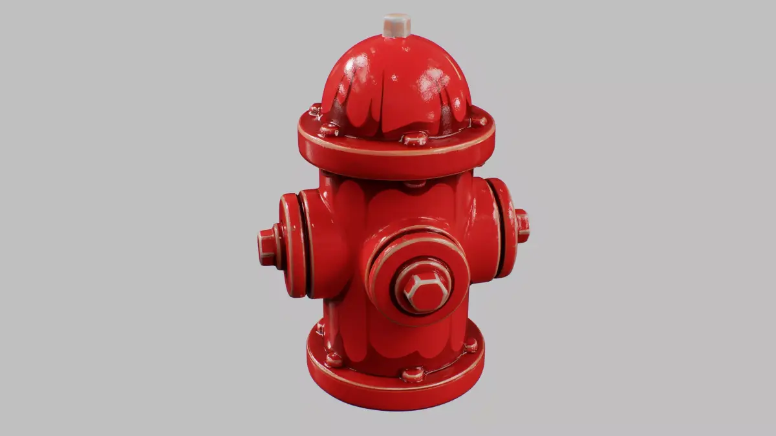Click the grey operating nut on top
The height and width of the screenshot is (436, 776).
click(396, 25)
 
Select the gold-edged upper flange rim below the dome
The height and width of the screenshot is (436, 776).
click(396, 158)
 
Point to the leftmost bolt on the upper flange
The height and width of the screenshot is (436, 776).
click(316, 110)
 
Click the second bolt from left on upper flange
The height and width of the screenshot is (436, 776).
click(329, 130)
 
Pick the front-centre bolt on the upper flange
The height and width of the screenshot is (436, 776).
click(415, 138)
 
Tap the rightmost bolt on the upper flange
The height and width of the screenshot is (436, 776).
click(479, 120)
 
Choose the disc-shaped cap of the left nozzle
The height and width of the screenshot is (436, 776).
click(292, 245)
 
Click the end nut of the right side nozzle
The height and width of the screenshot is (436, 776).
click(523, 225)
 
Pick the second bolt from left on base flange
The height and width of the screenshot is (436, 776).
click(334, 360)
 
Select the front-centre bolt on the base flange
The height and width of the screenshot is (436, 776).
click(413, 374)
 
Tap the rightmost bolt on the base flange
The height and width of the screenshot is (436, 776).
click(471, 346)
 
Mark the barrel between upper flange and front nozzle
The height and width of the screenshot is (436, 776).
click(401, 200)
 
